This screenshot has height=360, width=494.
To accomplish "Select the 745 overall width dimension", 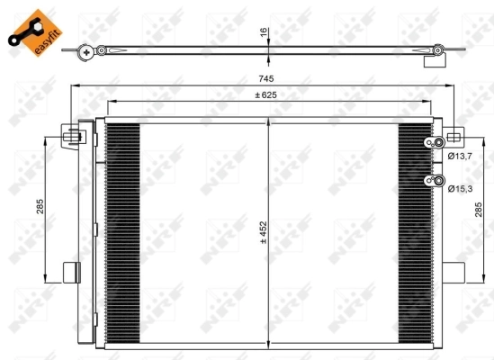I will tap(264, 79).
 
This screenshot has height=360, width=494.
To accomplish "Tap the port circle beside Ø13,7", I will tap(438, 144).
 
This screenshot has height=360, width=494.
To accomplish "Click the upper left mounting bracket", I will tap(73, 137).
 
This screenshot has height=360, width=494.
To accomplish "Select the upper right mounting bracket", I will tap(453, 137).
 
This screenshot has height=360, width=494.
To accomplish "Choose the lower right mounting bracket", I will tap(453, 273).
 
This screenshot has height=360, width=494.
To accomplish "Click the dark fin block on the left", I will tap(123, 234).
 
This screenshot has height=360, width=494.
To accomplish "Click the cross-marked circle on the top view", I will tap(85, 51).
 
